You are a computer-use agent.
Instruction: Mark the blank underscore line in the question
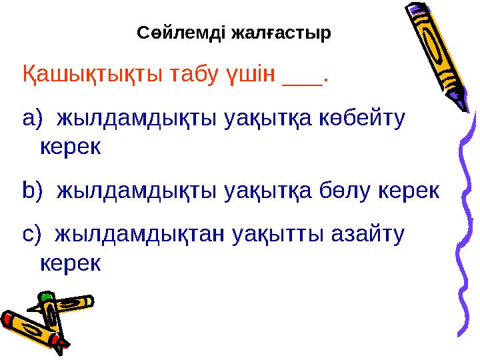click(x=301, y=80)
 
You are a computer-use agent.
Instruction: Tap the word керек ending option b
click(x=410, y=191)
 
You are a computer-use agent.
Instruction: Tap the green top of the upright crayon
click(x=46, y=297)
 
